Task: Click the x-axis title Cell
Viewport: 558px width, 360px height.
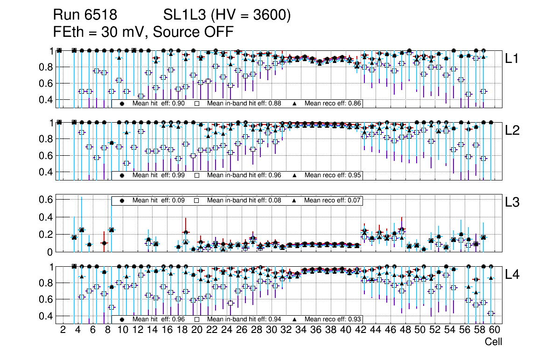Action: point(493,342)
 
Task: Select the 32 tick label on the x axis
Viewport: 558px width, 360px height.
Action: point(286,330)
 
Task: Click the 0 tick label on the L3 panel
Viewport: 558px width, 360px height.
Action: point(49,252)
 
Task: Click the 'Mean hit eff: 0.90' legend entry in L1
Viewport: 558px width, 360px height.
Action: point(154,104)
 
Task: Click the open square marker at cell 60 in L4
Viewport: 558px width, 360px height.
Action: point(490,313)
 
